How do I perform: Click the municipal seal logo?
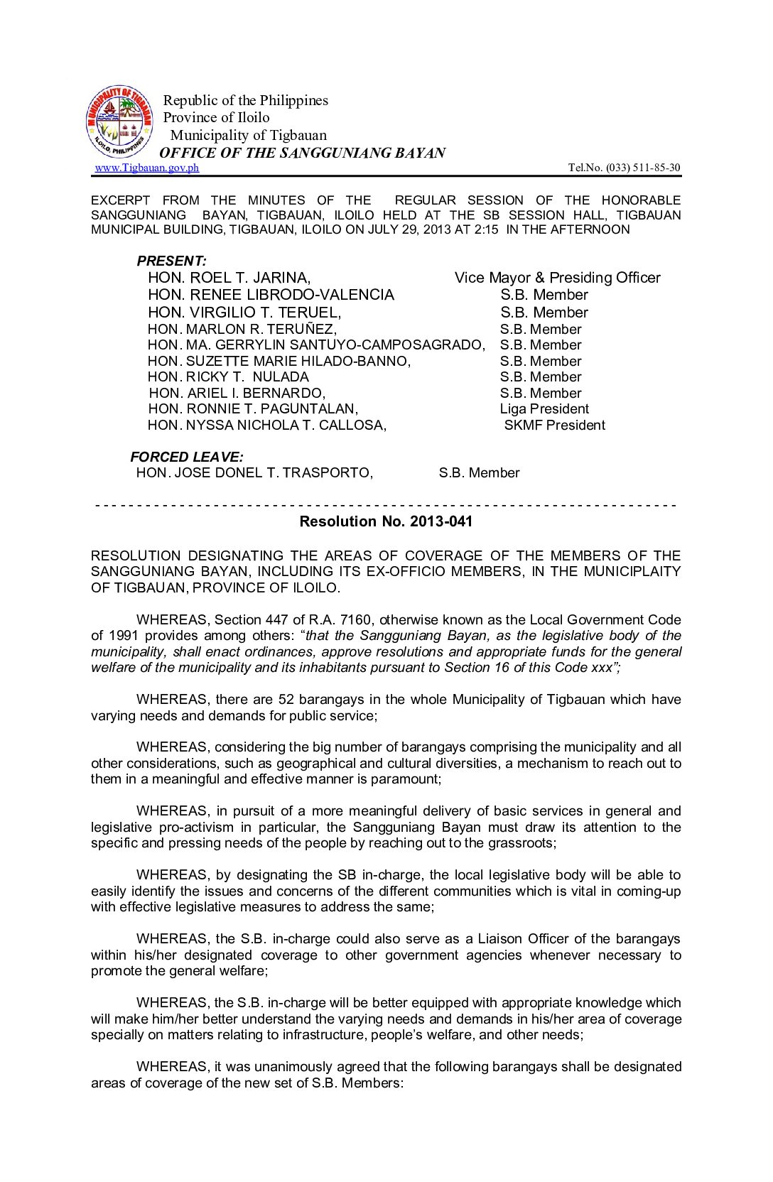click(x=119, y=121)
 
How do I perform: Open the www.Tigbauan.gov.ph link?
click(x=147, y=168)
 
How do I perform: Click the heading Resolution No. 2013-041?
click(x=386, y=521)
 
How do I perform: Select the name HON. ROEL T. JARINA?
click(x=229, y=278)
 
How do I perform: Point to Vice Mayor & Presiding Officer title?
click(x=557, y=278)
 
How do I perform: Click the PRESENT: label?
click(x=171, y=261)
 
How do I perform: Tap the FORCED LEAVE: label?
click(x=186, y=457)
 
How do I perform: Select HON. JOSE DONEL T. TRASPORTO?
click(x=254, y=473)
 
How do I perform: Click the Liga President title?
click(x=544, y=409)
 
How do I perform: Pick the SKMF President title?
click(x=554, y=425)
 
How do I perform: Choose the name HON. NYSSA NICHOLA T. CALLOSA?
click(x=267, y=425)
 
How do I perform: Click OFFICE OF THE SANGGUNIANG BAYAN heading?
click(x=302, y=153)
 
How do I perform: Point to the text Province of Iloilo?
click(x=217, y=117)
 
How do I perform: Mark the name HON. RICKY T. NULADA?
click(x=228, y=377)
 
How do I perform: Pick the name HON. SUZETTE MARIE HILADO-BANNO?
click(x=279, y=362)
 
